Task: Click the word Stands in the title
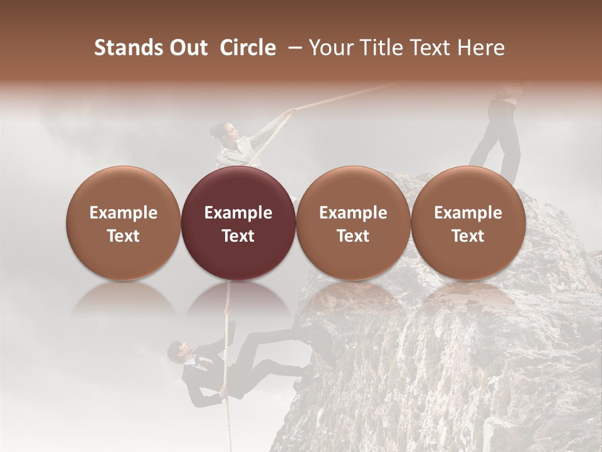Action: coord(128,48)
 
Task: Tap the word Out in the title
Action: coord(187,48)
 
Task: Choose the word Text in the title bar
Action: coord(431,48)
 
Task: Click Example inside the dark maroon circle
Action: coord(238,213)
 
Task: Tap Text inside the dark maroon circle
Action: coord(238,236)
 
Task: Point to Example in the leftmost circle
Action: coord(123,213)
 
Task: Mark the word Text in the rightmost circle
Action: coord(468,236)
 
